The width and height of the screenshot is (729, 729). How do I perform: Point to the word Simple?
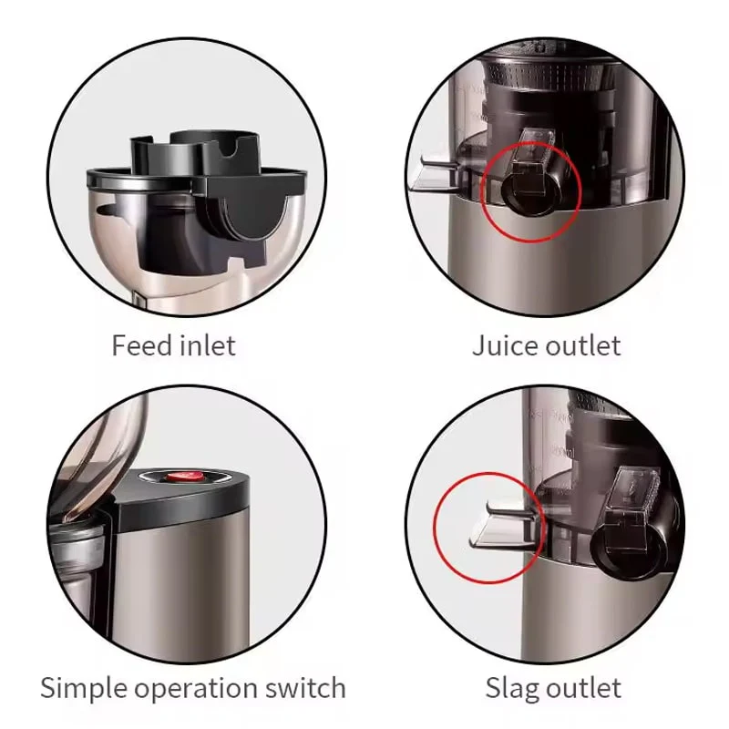[84, 689]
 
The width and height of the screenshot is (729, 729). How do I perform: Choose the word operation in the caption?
[196, 689]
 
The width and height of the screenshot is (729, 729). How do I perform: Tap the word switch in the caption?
[305, 688]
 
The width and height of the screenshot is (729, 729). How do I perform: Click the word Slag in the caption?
[508, 689]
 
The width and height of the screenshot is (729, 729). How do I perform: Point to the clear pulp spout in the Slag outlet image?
[505, 527]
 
